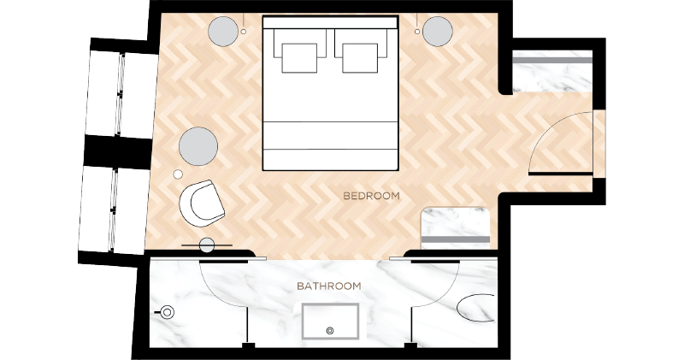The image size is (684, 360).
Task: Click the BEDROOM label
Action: [371, 196]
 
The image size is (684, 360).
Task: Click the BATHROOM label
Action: [329, 286]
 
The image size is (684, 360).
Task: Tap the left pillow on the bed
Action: [299, 57]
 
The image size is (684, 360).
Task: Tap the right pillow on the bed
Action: [360, 57]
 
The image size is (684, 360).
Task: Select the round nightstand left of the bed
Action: [223, 32]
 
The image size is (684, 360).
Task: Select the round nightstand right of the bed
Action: [438, 32]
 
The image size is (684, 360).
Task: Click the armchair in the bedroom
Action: [202, 204]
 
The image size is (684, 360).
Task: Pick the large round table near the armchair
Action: [198, 146]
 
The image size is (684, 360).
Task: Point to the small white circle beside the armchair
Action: [178, 174]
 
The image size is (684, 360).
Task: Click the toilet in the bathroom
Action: [166, 312]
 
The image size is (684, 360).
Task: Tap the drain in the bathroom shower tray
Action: [330, 330]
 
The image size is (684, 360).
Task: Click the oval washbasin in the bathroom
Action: [475, 308]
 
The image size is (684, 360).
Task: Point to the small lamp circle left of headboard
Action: [244, 32]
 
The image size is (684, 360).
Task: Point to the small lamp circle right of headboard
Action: [417, 32]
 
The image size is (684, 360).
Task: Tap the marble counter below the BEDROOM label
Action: [455, 227]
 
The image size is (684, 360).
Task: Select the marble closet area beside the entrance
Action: [551, 71]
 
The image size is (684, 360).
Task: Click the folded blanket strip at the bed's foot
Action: [330, 135]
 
